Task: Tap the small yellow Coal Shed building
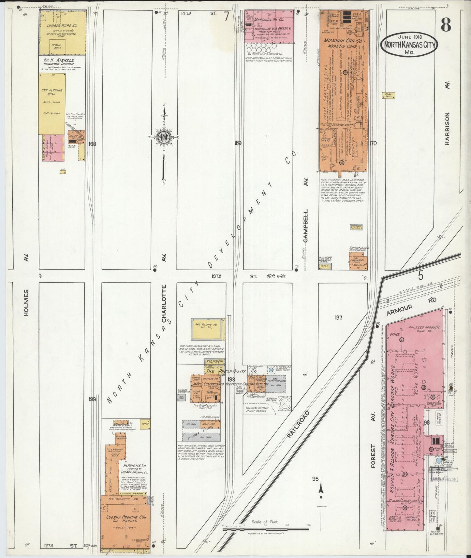pos(388,95)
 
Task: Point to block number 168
pos(92,144)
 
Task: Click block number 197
pos(338,317)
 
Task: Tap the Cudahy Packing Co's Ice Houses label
pos(125,520)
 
